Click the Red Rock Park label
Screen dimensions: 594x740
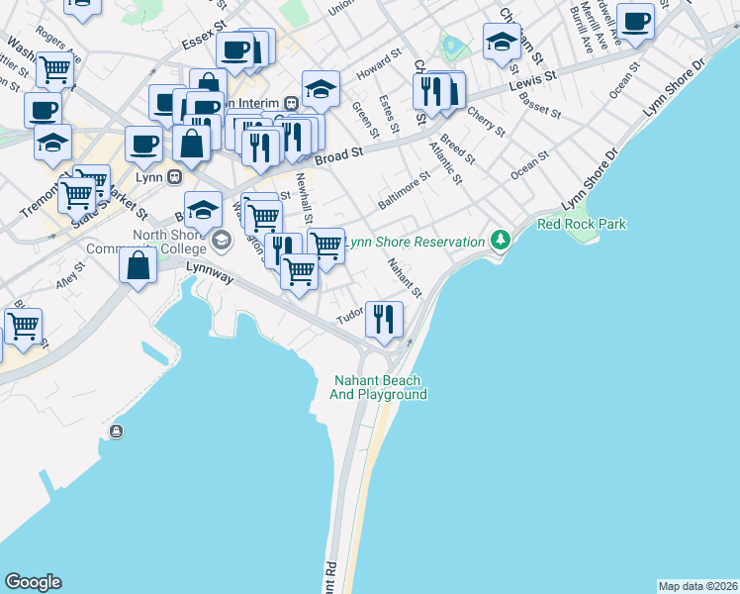582,225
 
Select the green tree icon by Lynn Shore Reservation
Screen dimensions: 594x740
501,240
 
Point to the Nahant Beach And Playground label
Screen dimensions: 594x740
380,387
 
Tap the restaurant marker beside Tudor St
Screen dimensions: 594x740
384,319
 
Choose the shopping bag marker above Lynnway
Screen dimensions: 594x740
138,266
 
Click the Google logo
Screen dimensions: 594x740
33,582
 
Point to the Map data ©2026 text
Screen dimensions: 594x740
697,586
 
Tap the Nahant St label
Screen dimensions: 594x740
405,278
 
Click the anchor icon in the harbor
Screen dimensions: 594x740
117,431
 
